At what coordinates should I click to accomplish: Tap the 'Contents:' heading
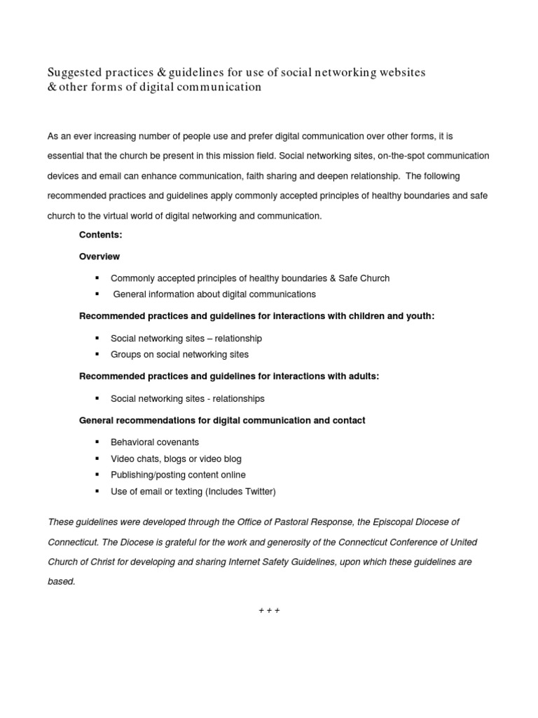click(x=101, y=235)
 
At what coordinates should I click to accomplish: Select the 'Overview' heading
click(x=99, y=257)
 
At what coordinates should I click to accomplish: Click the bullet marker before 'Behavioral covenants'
click(x=97, y=442)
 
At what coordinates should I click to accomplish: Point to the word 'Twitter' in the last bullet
click(x=256, y=492)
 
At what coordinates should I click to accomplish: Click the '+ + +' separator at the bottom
click(x=269, y=610)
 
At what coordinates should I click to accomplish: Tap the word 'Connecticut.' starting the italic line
click(x=73, y=542)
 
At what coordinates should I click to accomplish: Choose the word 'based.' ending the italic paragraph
click(x=62, y=581)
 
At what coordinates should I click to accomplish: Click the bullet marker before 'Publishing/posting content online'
click(x=97, y=475)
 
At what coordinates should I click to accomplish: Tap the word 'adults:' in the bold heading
click(x=364, y=377)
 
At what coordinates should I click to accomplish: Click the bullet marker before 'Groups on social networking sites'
click(x=97, y=355)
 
